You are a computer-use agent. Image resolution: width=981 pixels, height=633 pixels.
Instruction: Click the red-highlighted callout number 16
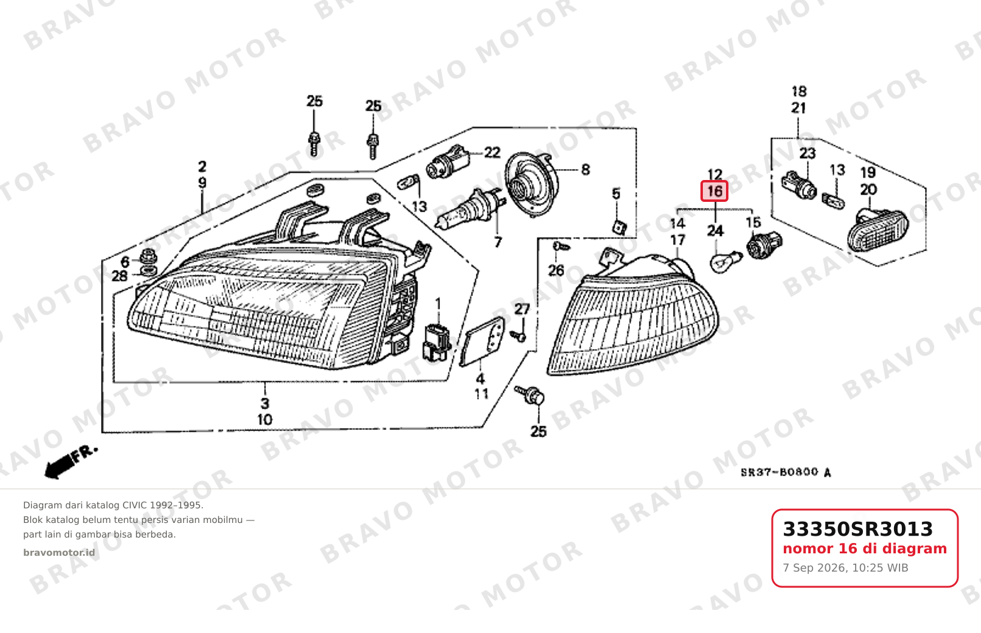click(714, 191)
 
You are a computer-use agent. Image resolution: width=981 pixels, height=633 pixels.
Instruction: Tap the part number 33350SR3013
click(857, 529)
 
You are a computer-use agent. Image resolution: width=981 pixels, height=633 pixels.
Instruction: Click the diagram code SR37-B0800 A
click(786, 472)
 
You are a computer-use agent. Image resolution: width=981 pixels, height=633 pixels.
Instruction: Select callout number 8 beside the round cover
click(585, 170)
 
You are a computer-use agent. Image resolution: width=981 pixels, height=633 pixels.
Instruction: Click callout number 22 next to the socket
click(492, 153)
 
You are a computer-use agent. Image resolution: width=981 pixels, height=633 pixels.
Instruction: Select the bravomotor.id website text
click(59, 553)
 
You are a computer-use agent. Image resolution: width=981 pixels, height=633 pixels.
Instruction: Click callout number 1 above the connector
click(438, 303)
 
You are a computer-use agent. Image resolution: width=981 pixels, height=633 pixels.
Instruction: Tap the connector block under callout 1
click(436, 342)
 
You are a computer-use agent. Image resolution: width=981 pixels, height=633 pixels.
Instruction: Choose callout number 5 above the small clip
click(616, 194)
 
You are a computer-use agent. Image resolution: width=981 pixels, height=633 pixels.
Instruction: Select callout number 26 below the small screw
click(556, 271)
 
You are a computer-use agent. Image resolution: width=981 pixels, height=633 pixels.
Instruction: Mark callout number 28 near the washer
click(119, 277)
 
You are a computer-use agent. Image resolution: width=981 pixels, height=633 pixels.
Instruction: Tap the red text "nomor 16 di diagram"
click(865, 548)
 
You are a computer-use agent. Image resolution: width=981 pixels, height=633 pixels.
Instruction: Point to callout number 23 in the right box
click(808, 154)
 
